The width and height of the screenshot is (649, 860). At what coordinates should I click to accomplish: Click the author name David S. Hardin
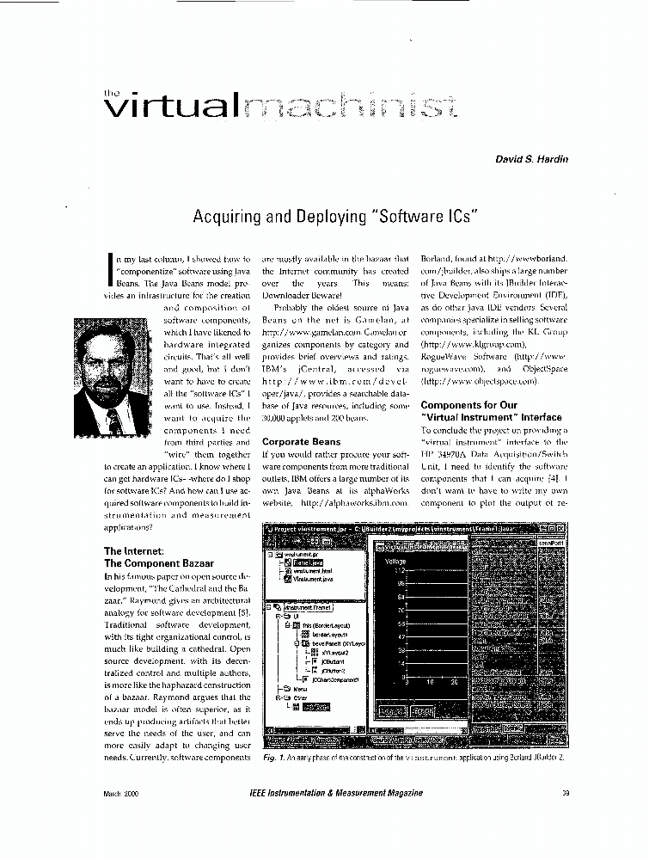[530, 159]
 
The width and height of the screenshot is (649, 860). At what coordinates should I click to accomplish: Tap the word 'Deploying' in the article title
[338, 216]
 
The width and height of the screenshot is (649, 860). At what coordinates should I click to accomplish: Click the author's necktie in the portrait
[112, 421]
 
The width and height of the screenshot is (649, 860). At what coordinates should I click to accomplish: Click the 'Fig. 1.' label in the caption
[274, 759]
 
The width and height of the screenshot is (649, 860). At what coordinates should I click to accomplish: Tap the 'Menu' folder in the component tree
[302, 689]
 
